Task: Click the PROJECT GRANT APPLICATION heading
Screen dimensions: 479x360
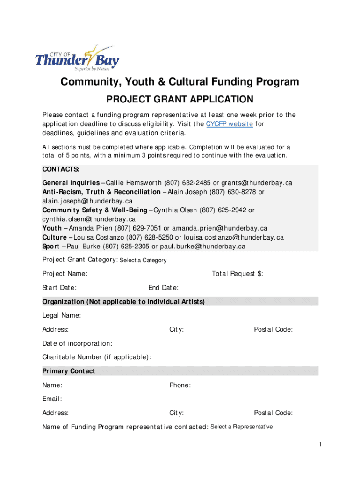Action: [180, 99]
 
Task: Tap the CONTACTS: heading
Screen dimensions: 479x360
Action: [61, 169]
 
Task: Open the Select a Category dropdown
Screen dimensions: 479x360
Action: [143, 260]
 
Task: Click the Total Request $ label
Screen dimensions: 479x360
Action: [238, 274]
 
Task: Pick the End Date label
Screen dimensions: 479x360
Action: [163, 288]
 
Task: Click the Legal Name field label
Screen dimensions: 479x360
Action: [62, 316]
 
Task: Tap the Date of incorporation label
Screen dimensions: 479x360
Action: [77, 343]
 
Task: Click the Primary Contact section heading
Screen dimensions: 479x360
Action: [69, 371]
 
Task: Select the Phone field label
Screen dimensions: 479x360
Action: [180, 385]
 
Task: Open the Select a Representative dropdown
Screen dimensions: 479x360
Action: [241, 427]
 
